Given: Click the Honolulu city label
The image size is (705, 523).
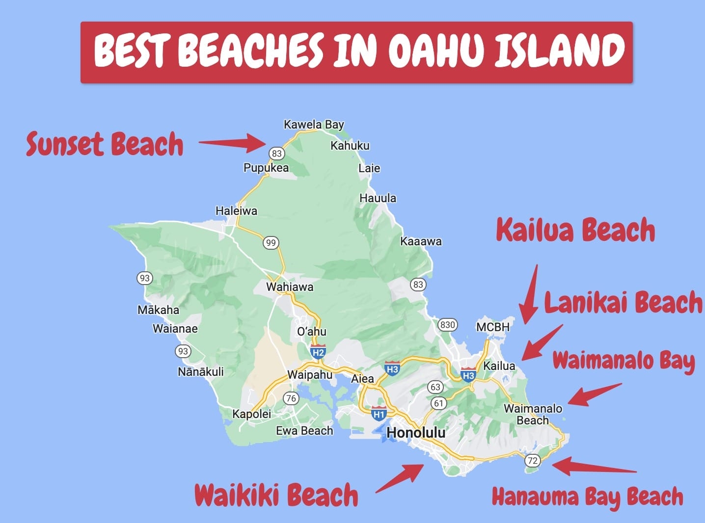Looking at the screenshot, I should (416, 432).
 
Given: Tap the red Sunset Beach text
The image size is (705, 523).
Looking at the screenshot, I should (105, 144).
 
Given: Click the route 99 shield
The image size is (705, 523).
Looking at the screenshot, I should (271, 242).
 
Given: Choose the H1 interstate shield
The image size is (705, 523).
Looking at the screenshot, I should (379, 413).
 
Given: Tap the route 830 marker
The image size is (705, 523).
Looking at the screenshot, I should (447, 324).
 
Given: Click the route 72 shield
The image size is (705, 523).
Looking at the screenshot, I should (532, 460).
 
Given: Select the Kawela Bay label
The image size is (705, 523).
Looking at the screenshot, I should (314, 125).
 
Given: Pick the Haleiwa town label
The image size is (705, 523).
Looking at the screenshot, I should (236, 211).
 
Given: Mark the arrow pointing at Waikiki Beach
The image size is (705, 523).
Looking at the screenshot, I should (400, 478).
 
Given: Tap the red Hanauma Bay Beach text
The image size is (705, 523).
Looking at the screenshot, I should (587, 497).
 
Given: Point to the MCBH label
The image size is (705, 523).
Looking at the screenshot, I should (493, 327).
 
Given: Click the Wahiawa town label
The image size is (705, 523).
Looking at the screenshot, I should (290, 287).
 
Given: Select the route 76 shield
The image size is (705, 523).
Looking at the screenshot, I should (291, 398).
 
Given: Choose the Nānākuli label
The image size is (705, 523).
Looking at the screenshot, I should (200, 371).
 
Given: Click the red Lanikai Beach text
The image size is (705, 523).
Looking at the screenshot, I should (623, 303).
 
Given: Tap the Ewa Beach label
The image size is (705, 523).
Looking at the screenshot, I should (304, 431).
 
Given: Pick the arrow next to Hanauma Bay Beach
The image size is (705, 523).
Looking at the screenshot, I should (594, 467).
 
